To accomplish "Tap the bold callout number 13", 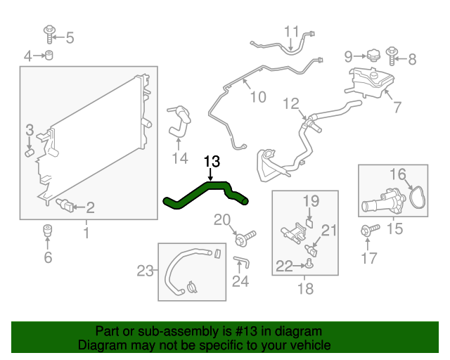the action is point(212,161).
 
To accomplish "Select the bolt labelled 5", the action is point(49,34).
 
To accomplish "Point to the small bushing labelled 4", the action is point(49,55).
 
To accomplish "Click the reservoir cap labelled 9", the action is point(373,56).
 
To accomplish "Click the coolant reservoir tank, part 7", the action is point(369,82).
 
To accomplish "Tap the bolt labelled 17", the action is point(370,230).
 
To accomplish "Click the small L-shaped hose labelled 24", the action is point(242,262).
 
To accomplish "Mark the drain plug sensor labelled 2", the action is point(65,205).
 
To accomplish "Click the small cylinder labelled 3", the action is point(30,153).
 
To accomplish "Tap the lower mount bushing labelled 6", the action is point(48,231).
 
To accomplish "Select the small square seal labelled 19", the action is point(309,223).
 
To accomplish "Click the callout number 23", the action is point(146,271).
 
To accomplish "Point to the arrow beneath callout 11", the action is point(290,45).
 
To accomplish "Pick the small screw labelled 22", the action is point(309,264).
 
